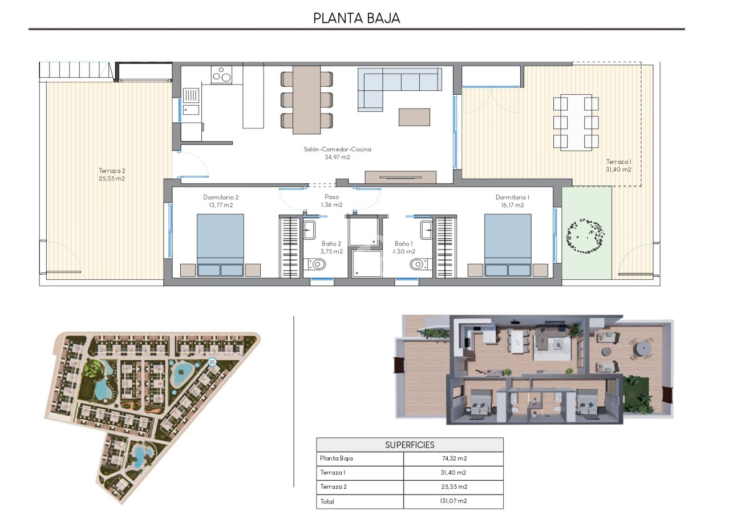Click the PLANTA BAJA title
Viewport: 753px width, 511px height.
[x=357, y=18]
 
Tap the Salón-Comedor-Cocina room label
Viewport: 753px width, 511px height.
[x=337, y=153]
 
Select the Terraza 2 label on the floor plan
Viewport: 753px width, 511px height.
[x=112, y=174]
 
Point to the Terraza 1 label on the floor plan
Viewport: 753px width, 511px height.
[x=618, y=165]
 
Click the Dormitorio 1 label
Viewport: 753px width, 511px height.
[x=512, y=201]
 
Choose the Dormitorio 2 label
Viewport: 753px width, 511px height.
[x=221, y=201]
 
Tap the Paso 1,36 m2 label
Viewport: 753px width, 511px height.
[x=331, y=200]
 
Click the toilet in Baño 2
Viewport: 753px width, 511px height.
[x=317, y=264]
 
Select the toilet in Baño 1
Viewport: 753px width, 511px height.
[x=418, y=264]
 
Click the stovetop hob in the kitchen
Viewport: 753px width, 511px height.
[x=221, y=75]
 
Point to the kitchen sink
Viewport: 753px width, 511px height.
[x=191, y=96]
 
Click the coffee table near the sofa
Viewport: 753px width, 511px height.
[x=414, y=117]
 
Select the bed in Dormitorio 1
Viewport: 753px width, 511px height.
[x=508, y=243]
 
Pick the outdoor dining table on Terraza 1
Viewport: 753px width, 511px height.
[x=576, y=122]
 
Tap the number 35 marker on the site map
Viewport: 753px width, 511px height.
[x=212, y=362]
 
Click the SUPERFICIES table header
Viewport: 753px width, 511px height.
[x=410, y=445]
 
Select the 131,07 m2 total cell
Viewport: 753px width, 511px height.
[x=453, y=501]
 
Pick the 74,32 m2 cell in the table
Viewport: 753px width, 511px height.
[x=453, y=458]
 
